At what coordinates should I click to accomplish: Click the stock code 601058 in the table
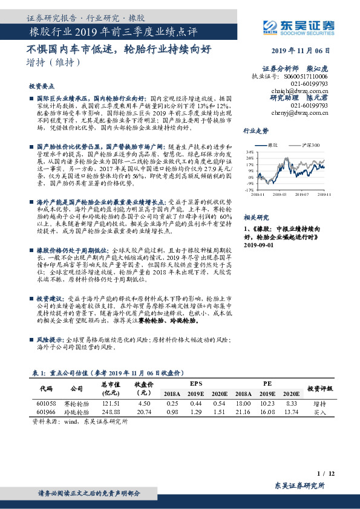(46, 403)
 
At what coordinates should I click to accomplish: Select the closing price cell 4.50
(143, 403)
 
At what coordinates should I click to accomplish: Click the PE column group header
(267, 383)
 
